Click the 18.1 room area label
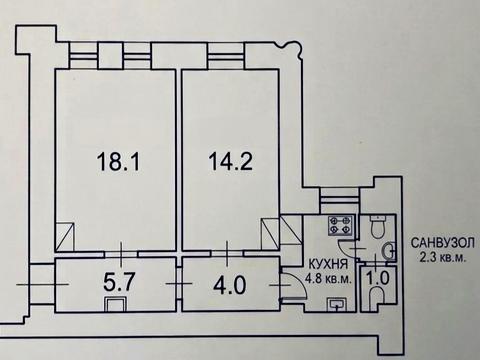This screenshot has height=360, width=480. point(118,161)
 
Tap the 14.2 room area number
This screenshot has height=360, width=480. point(230,161)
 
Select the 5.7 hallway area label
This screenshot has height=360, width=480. point(120,282)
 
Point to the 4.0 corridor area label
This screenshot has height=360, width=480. point(230,286)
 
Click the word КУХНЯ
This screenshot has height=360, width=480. point(328,265)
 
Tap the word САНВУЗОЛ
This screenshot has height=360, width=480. point(442,243)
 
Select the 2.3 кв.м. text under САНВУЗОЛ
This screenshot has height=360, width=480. point(442,258)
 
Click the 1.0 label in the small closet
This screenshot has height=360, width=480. point(378,278)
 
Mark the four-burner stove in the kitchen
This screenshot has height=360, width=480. point(340,225)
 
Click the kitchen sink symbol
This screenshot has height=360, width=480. point(337,304)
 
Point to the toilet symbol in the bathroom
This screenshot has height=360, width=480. point(378,226)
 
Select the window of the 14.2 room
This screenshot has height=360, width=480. point(226,55)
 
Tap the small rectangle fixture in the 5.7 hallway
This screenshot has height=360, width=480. point(116,304)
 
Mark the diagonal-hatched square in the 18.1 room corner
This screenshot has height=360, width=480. point(65,237)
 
